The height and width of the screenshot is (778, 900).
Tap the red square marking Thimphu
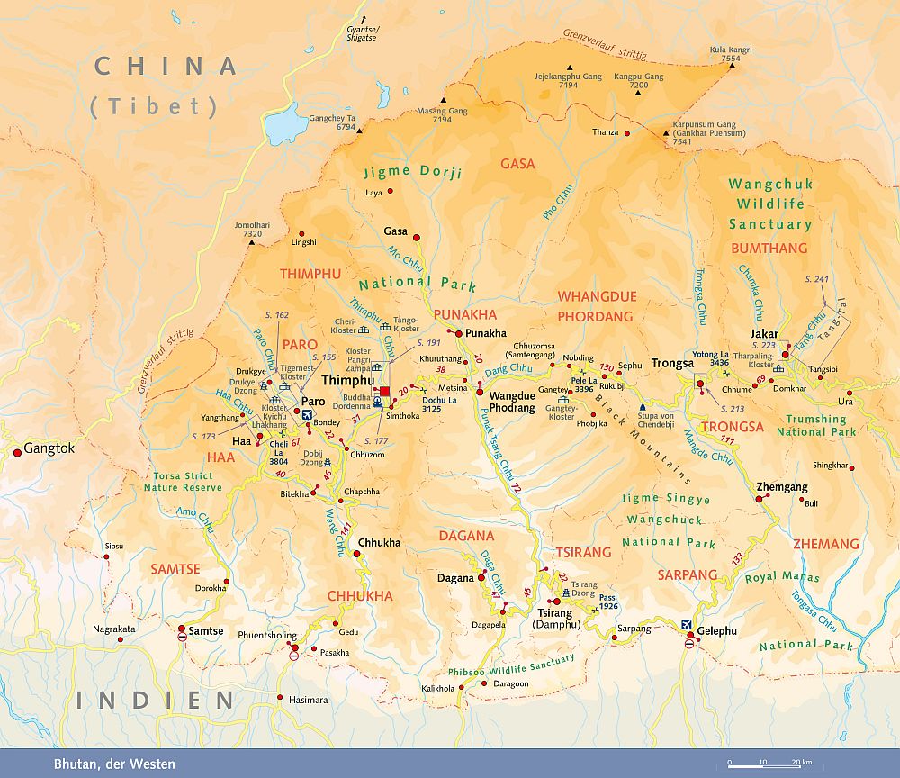385,392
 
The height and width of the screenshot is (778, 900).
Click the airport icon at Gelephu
688,624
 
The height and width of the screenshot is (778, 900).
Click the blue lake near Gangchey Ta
286,123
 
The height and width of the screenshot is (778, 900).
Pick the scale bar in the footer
762,764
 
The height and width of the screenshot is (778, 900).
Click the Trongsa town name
672,364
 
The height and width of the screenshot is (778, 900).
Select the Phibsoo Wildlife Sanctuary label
511,666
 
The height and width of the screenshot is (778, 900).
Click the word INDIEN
155,700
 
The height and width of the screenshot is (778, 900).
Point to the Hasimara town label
308,700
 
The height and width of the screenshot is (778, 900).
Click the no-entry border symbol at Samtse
182,637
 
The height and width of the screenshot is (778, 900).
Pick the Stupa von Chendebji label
655,421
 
